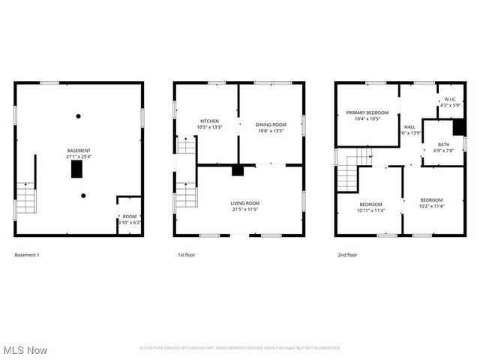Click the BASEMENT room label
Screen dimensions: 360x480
pyautogui.click(x=79, y=151)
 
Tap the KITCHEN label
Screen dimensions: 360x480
pyautogui.click(x=208, y=121)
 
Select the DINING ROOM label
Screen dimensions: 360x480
pyautogui.click(x=271, y=124)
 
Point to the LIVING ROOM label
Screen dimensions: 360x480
pyautogui.click(x=244, y=203)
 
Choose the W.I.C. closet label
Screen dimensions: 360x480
pyautogui.click(x=450, y=99)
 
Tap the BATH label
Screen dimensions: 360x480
pyautogui.click(x=444, y=144)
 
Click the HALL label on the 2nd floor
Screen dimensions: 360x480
pyautogui.click(x=409, y=127)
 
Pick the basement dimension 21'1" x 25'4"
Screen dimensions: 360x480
pyautogui.click(x=79, y=157)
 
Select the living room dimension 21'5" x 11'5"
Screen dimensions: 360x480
pyautogui.click(x=244, y=209)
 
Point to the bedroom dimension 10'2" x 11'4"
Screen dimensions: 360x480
pyautogui.click(x=431, y=205)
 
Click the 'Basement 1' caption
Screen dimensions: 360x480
pyautogui.click(x=27, y=255)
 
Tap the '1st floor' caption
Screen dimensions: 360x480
pyautogui.click(x=187, y=255)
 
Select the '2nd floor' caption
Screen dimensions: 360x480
pyautogui.click(x=347, y=255)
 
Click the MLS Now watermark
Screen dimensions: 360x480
pyautogui.click(x=25, y=350)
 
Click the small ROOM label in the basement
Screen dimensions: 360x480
pyautogui.click(x=130, y=217)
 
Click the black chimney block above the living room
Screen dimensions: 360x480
pyautogui.click(x=238, y=170)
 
